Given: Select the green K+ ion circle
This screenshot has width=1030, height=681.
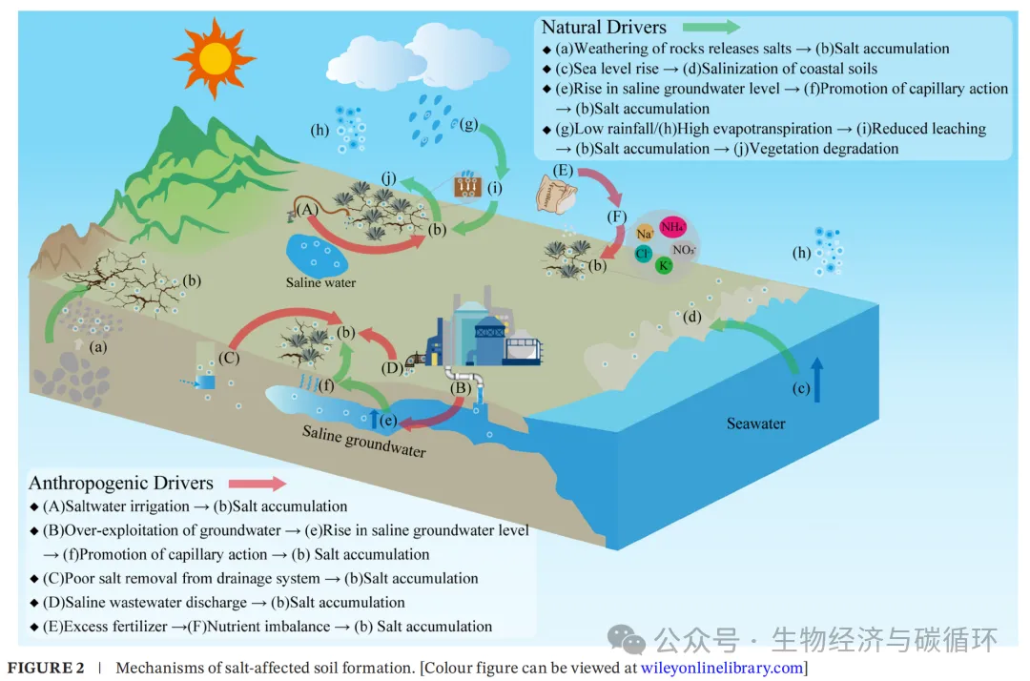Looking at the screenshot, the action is pyautogui.click(x=665, y=265).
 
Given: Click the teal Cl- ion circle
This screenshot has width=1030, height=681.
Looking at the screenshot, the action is pyautogui.click(x=644, y=255).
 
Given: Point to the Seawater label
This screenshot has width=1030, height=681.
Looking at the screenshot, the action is pyautogui.click(x=755, y=423).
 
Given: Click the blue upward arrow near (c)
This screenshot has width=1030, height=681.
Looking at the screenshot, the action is pyautogui.click(x=816, y=379).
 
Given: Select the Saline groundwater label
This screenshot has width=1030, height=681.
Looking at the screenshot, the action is pyautogui.click(x=364, y=440).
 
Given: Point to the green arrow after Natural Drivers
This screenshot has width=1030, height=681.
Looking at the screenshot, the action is pyautogui.click(x=711, y=27).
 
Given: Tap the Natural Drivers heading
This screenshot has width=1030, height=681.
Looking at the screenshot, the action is pyautogui.click(x=604, y=27).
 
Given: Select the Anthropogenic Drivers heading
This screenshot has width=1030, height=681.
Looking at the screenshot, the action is pyautogui.click(x=121, y=484).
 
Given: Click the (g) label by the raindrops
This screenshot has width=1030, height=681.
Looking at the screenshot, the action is pyautogui.click(x=467, y=124).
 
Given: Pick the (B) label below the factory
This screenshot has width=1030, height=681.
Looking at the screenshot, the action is pyautogui.click(x=461, y=387).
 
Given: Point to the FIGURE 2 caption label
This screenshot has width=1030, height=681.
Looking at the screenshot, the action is pyautogui.click(x=46, y=668).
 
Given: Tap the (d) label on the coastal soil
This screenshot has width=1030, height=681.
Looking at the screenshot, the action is pyautogui.click(x=694, y=316).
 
